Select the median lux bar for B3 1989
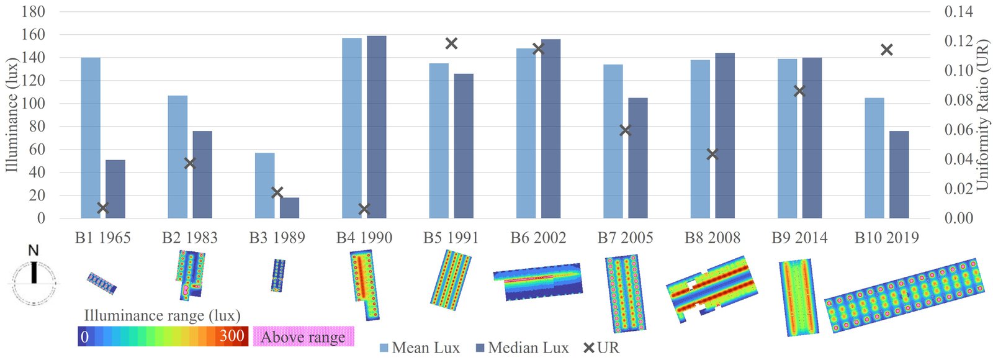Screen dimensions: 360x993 click(x=289, y=208)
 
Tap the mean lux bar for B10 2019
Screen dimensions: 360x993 click(x=874, y=158)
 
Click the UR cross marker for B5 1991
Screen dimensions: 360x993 click(x=451, y=43)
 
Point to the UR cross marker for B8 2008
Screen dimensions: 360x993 click(x=712, y=154)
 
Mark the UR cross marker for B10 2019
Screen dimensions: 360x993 click(x=887, y=50)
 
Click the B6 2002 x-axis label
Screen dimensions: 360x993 click(x=538, y=238)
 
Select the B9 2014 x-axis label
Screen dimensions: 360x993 click(x=799, y=238)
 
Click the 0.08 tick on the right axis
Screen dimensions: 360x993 click(x=959, y=100)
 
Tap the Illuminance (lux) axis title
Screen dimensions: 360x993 click(x=11, y=115)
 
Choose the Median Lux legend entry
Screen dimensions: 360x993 click(x=528, y=348)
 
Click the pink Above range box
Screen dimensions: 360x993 click(x=303, y=336)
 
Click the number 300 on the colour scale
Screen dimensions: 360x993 click(x=232, y=336)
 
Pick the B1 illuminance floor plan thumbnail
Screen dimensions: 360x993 click(x=102, y=283)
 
